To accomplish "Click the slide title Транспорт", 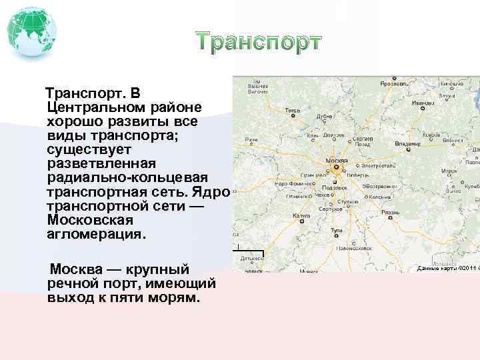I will [x=259, y=41].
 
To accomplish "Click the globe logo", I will [x=31, y=31].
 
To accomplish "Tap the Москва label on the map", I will [x=336, y=161].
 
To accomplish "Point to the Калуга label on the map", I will [x=301, y=216].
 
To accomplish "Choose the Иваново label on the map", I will [x=422, y=103].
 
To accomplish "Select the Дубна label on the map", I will [x=325, y=115].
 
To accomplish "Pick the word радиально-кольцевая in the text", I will [x=127, y=178].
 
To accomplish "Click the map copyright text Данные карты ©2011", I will [x=443, y=268].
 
